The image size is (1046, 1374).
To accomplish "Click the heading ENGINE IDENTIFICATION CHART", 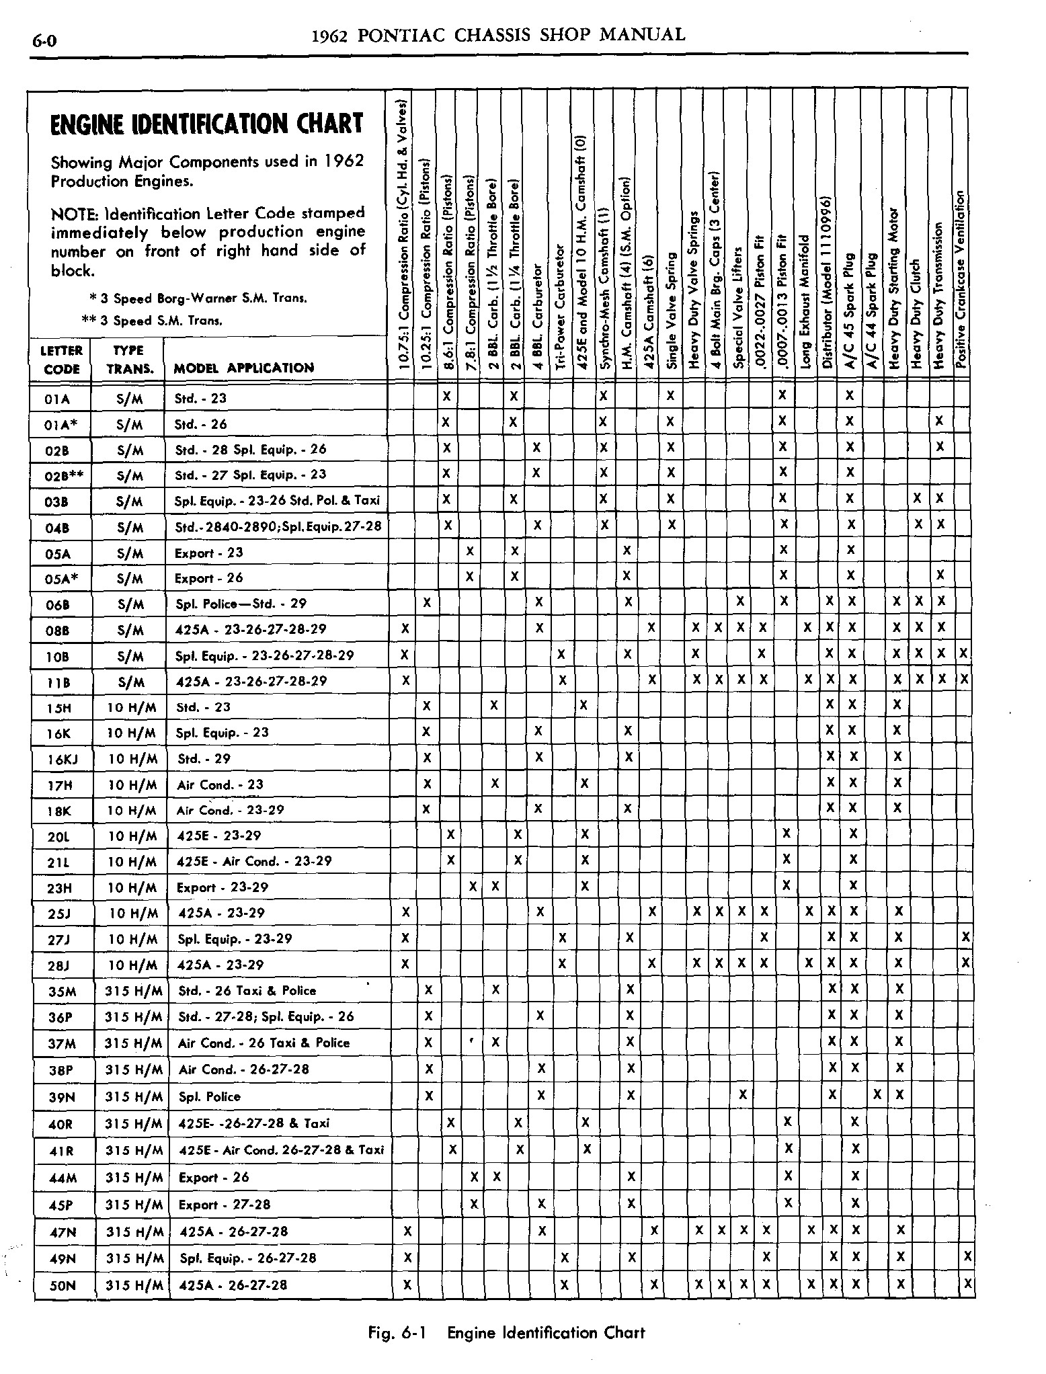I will pyautogui.click(x=207, y=125).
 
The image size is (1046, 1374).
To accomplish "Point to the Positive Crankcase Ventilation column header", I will pyautogui.click(x=961, y=279).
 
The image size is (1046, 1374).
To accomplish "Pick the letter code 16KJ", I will pyautogui.click(x=61, y=760).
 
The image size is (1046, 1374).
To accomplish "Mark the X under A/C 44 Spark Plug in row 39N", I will pyautogui.click(x=877, y=1096).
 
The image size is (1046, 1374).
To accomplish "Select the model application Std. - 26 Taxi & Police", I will pyautogui.click(x=247, y=991).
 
